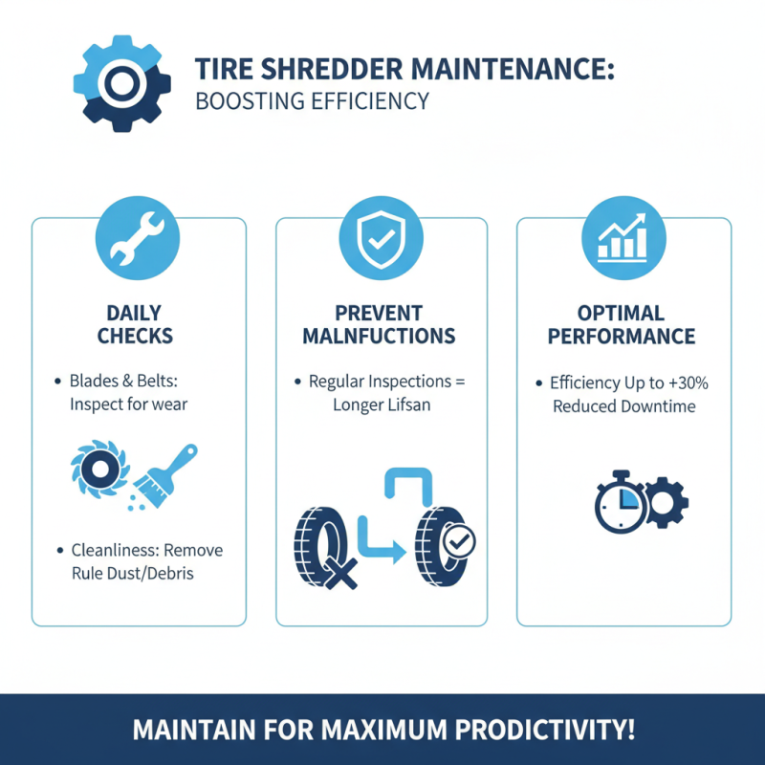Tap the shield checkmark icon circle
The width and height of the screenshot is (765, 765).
(x=381, y=239)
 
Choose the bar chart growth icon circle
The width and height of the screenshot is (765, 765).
(x=623, y=239)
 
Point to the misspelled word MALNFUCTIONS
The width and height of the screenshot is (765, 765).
(x=379, y=337)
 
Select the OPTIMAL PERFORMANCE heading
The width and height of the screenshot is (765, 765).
(x=623, y=324)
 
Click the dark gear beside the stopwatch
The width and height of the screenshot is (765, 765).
(x=666, y=500)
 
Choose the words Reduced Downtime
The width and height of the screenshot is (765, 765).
(x=623, y=406)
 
